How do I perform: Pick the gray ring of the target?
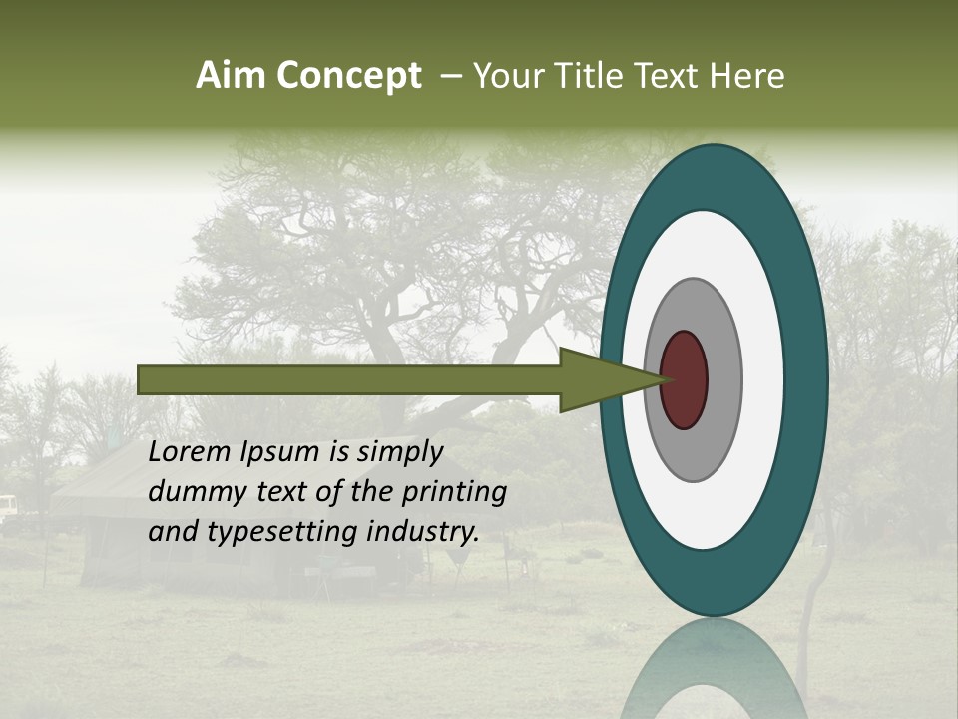(723, 379)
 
